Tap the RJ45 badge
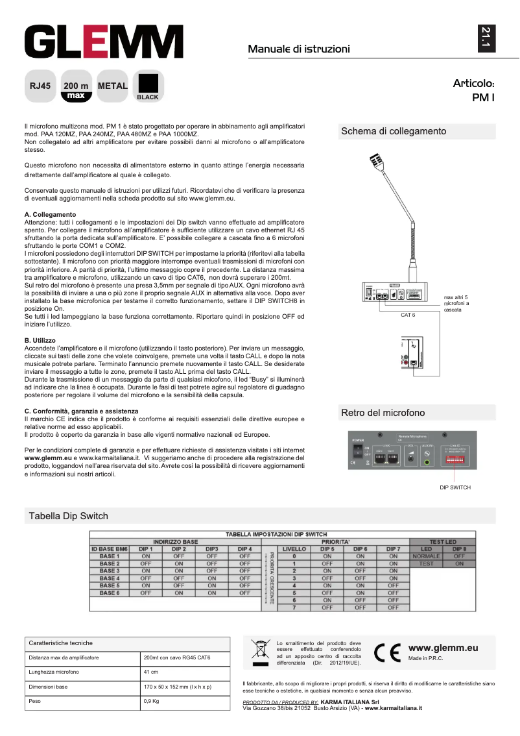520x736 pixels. tap(40, 86)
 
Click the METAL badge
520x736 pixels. tap(112, 86)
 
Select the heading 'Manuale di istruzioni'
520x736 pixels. tap(299, 49)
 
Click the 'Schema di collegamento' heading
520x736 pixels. tap(394, 131)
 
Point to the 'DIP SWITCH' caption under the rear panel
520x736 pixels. tap(455, 487)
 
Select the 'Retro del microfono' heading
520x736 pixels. tap(383, 413)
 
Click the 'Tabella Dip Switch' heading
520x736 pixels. tap(68, 516)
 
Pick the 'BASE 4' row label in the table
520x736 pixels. tap(110, 578)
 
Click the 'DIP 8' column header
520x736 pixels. tap(459, 548)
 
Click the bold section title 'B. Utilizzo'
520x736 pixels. tap(40, 340)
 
